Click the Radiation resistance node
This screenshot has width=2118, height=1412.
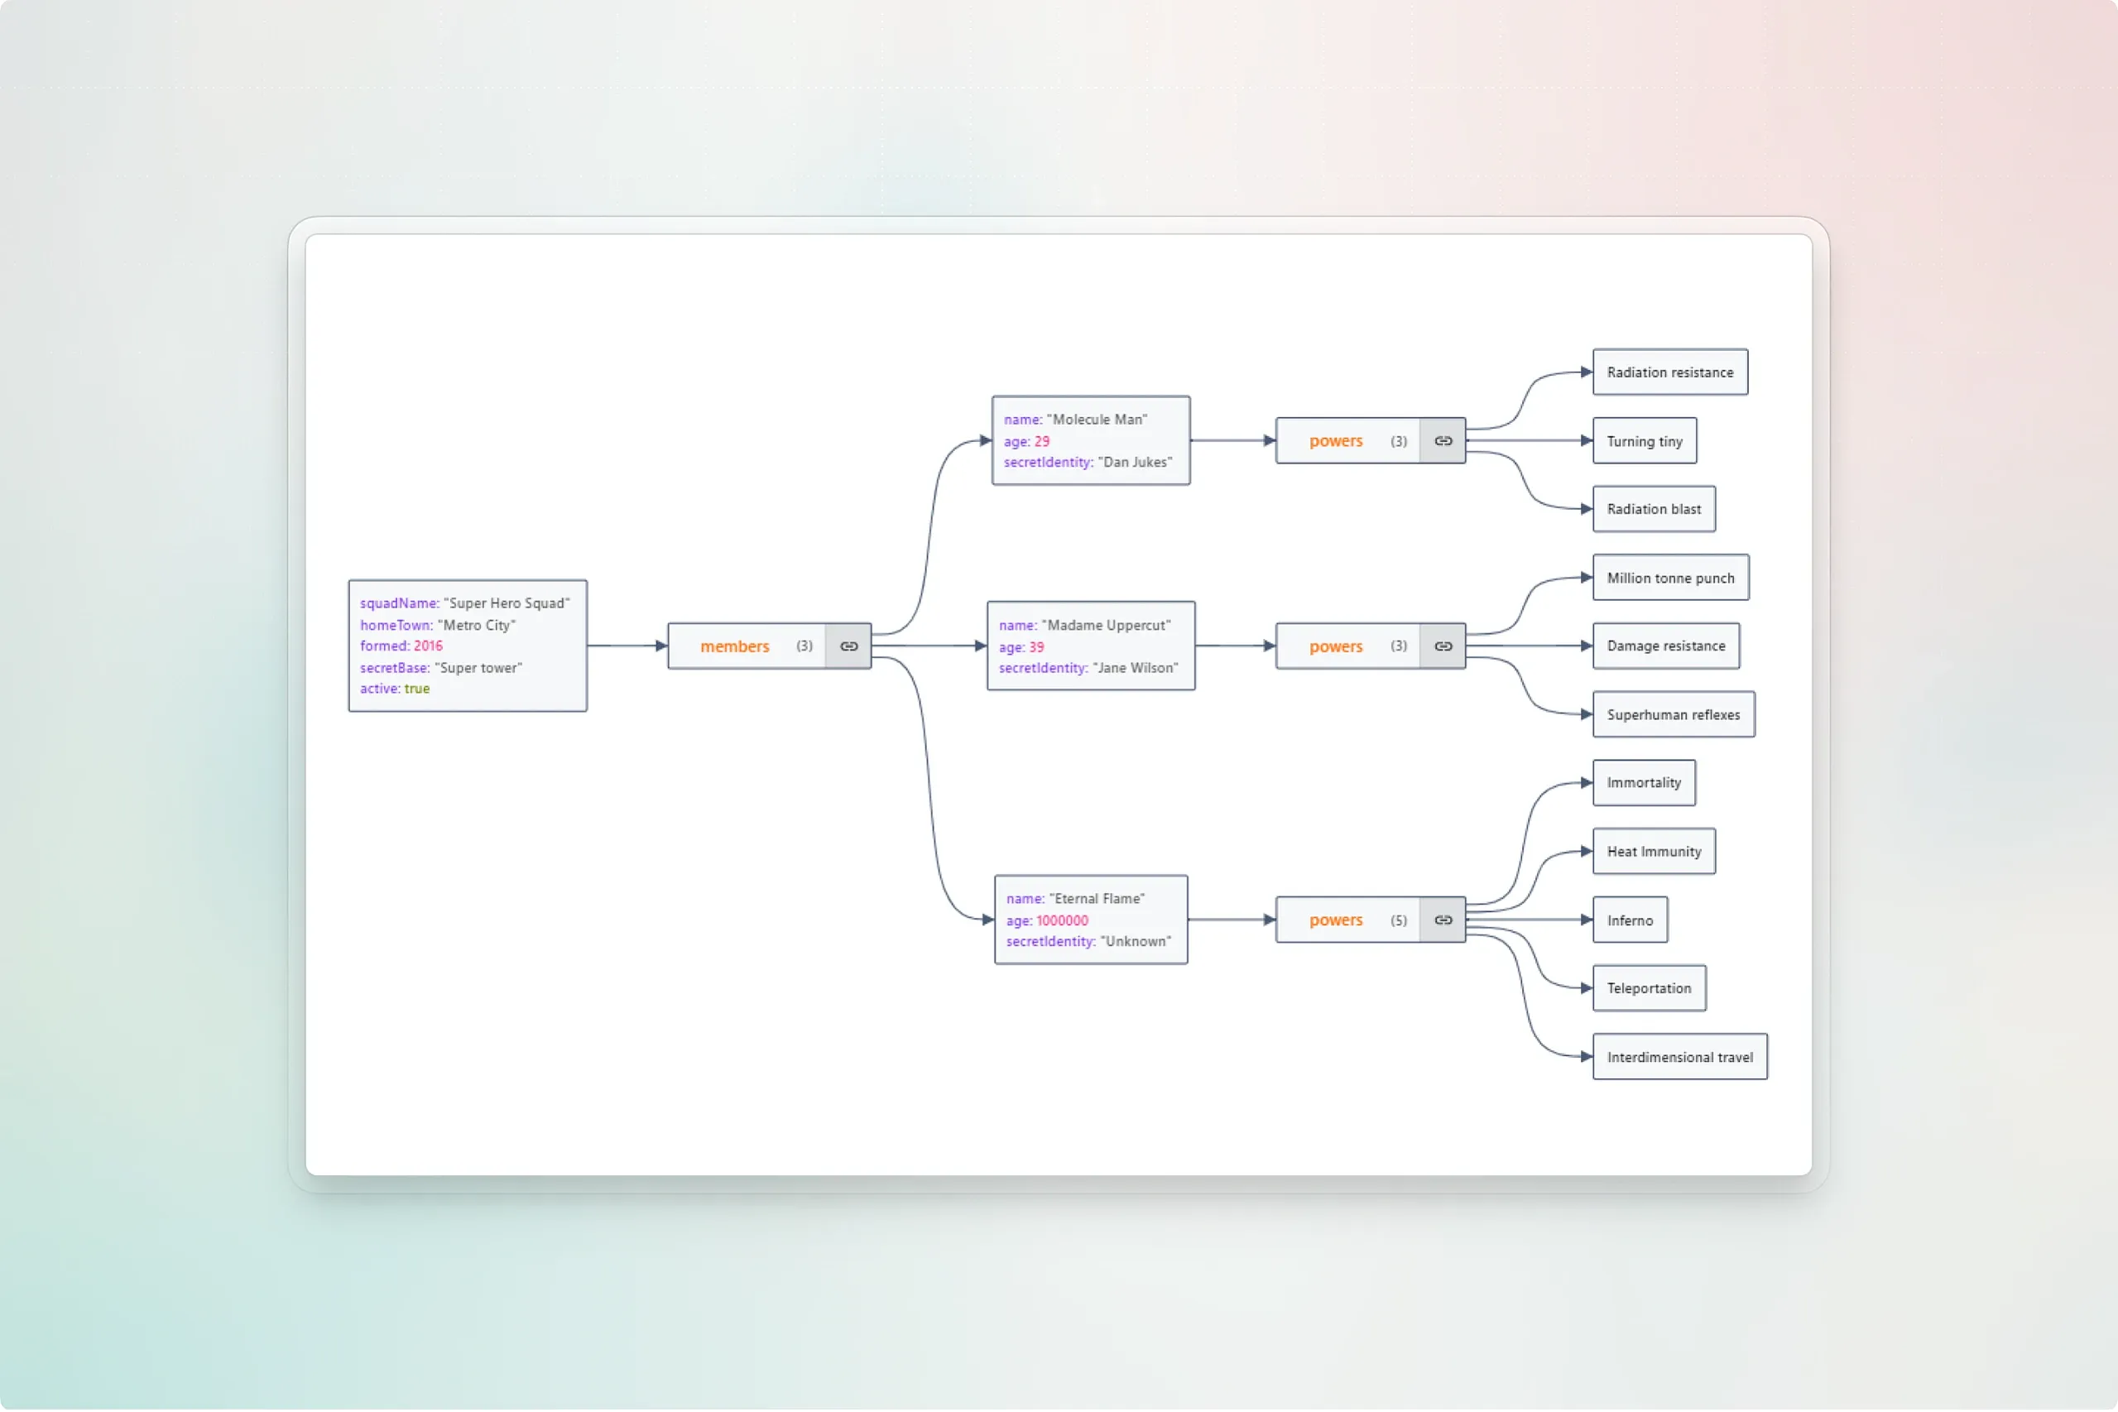[x=1669, y=372]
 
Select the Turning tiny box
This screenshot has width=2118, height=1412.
[x=1645, y=441]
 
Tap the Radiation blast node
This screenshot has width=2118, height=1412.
[x=1654, y=510]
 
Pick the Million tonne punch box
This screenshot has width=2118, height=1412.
[x=1670, y=579]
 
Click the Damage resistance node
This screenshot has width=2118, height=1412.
[x=1666, y=646]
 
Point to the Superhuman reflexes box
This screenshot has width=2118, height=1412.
[x=1674, y=715]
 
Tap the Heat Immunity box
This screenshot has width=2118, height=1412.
[x=1654, y=852]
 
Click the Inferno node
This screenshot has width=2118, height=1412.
[x=1630, y=920]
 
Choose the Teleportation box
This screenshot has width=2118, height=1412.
[x=1649, y=989]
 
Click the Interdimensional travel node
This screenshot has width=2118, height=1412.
[x=1679, y=1057]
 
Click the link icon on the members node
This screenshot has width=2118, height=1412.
[x=848, y=646]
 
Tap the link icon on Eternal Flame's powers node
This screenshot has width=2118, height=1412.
[x=1443, y=920]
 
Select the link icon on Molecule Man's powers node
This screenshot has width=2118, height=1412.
[x=1443, y=441]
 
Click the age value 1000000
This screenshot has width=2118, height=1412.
[x=1062, y=921]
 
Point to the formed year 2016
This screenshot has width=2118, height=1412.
[x=428, y=646]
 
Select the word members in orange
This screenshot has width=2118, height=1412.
[x=735, y=646]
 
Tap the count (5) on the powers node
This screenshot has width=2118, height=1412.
[x=1398, y=920]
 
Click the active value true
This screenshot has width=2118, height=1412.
[x=417, y=689]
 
